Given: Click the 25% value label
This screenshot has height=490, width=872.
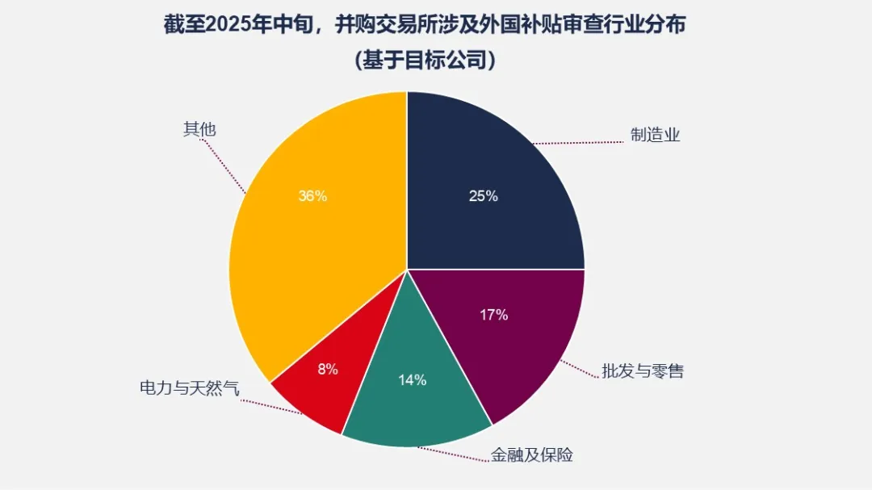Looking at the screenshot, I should click(x=484, y=196).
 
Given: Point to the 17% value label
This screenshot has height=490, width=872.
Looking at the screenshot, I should click(x=493, y=315).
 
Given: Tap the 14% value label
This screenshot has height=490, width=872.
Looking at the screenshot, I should click(x=412, y=380).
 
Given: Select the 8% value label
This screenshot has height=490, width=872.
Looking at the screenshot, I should click(x=328, y=370).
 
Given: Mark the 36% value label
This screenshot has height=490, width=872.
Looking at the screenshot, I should click(x=312, y=196).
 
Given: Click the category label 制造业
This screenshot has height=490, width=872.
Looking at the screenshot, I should click(x=656, y=135).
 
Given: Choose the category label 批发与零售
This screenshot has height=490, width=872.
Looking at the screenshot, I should click(x=643, y=371).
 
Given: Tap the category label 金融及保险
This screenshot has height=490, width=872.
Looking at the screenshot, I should click(x=532, y=455).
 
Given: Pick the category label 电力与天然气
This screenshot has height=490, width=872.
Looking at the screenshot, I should click(x=190, y=388).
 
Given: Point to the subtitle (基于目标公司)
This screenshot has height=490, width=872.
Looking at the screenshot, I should click(x=425, y=61).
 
